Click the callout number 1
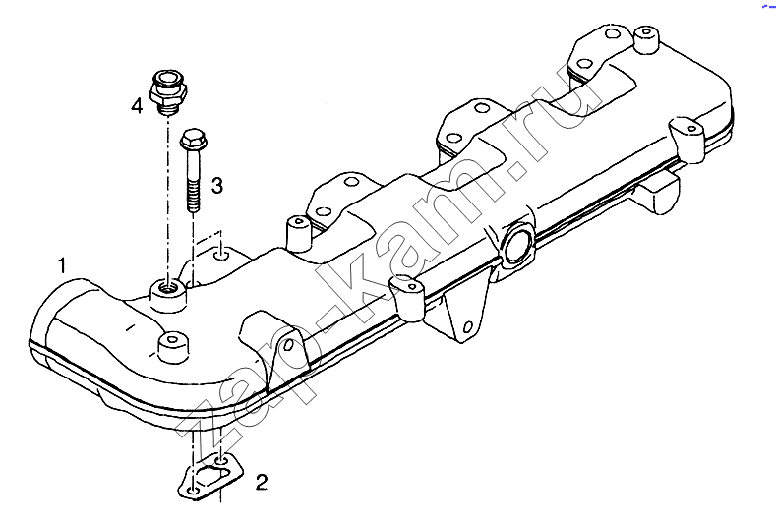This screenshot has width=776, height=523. point(62,265)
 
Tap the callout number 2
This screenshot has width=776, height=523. point(262,482)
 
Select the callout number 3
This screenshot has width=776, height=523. point(217,186)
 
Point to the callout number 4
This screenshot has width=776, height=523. point(137,105)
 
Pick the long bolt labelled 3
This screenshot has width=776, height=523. point(193,171)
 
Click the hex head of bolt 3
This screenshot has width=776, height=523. point(193,140)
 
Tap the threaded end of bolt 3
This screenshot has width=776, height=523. point(193,197)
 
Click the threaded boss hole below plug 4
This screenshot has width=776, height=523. point(168,286)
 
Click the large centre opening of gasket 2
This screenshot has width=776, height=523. point(209,477)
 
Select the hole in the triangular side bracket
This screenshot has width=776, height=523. point(468,327)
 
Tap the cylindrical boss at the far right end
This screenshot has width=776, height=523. point(645,38)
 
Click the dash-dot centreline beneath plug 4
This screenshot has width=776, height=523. point(168,198)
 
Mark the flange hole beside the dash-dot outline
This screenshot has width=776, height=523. point(221,257)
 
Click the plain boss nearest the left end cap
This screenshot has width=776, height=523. point(172,346)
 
